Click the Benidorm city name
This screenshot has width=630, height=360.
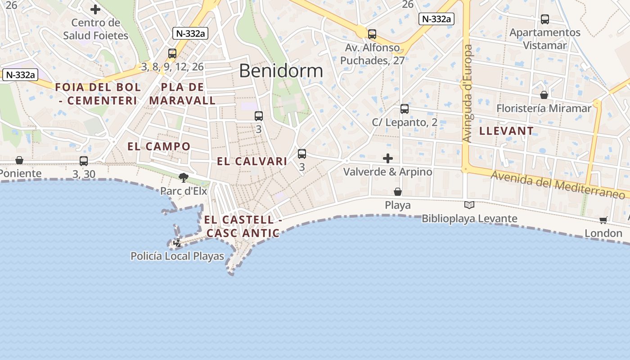(x=281, y=71)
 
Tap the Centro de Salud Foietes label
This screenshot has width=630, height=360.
(x=95, y=29)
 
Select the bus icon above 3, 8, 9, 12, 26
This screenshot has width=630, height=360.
(x=172, y=54)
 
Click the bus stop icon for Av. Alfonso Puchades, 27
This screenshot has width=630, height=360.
(x=372, y=34)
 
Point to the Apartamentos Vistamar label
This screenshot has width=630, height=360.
(x=544, y=39)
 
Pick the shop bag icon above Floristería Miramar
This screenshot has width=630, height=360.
(x=544, y=95)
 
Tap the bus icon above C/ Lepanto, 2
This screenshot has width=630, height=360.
(x=405, y=109)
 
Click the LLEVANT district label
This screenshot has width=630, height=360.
(x=506, y=131)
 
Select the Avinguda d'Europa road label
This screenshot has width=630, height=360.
(x=467, y=94)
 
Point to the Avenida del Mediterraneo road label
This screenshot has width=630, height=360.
(x=558, y=184)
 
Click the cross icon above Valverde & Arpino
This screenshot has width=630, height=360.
(x=387, y=158)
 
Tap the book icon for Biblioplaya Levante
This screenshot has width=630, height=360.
(x=469, y=205)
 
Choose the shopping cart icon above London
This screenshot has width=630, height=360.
(x=603, y=220)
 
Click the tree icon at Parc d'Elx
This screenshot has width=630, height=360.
(x=183, y=178)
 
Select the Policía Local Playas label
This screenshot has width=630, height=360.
(x=177, y=256)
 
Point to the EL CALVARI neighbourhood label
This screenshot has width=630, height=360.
(x=252, y=161)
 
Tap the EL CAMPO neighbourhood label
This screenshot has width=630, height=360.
(x=159, y=146)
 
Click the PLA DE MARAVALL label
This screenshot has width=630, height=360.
(x=182, y=94)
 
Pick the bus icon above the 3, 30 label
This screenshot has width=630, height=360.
(x=84, y=161)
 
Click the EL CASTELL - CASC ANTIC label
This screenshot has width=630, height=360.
(x=243, y=226)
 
